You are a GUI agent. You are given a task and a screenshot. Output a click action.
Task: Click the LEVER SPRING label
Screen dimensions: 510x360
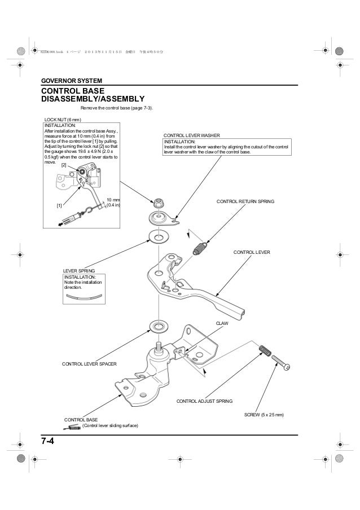click(78, 271)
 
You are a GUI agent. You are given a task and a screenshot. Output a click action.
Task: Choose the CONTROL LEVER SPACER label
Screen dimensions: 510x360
click(89, 364)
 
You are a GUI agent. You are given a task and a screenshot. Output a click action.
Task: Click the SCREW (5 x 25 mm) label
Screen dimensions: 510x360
click(264, 415)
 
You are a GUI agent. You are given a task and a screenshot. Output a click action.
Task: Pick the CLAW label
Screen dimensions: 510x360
click(221, 322)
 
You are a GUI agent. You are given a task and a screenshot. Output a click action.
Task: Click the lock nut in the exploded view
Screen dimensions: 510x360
click(159, 201)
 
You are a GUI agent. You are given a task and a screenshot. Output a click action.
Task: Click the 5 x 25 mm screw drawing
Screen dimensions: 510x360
click(281, 362)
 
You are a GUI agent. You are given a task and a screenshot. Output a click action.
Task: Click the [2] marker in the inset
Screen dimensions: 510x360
click(64, 165)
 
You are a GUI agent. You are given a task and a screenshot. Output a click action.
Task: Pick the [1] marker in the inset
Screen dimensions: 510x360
click(58, 205)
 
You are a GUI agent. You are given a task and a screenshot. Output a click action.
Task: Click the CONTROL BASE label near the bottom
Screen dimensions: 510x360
click(81, 420)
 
